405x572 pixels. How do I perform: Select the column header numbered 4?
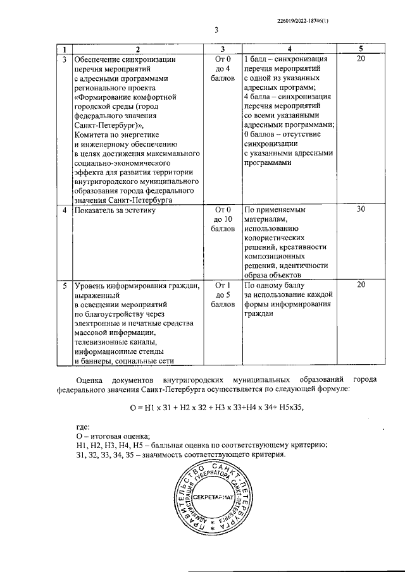coord(289,49)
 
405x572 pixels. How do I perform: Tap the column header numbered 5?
coord(361,49)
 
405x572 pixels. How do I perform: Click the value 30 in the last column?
coord(361,210)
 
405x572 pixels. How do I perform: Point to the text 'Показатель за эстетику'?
coord(114,210)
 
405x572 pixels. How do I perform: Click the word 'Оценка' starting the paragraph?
coord(89,380)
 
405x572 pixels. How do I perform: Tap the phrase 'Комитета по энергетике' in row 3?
coord(116,135)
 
